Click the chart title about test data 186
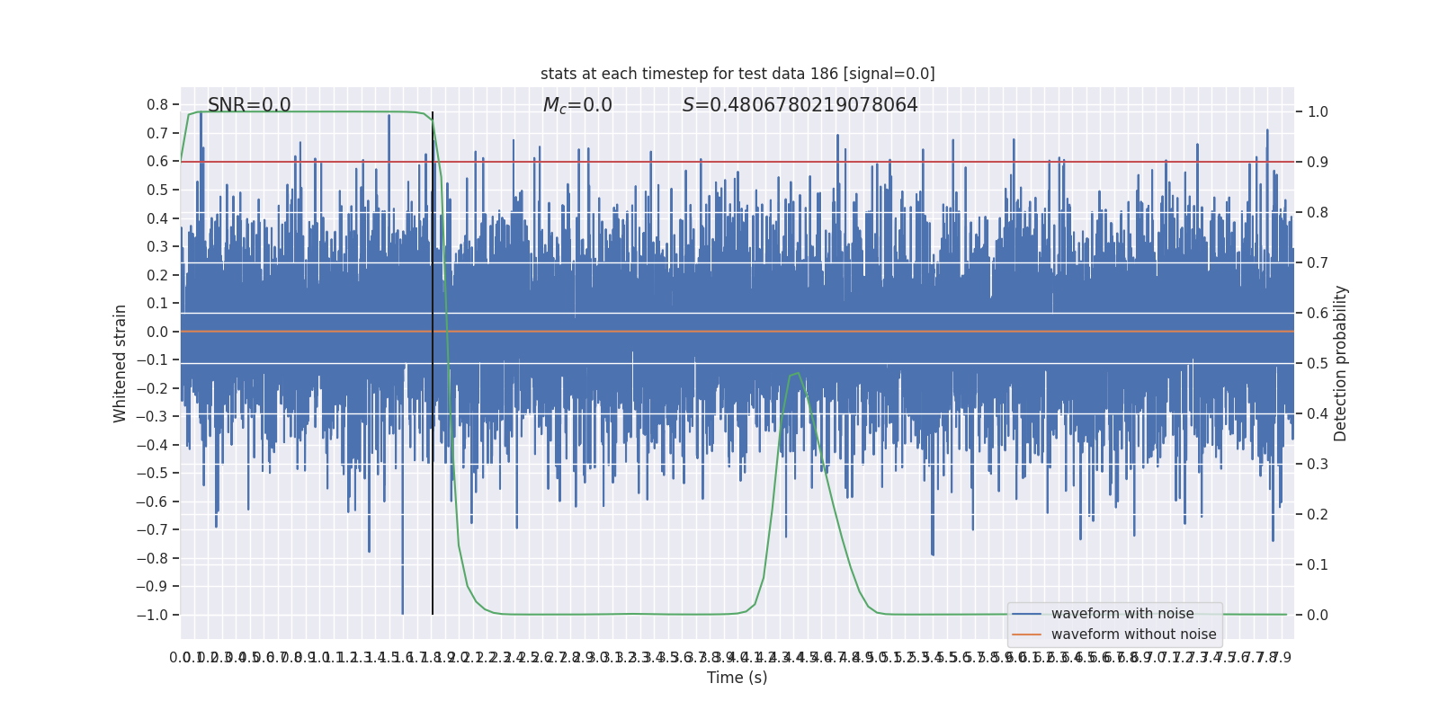(737, 74)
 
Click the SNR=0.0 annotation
(249, 105)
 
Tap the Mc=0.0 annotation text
(577, 105)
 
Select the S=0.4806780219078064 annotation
(800, 105)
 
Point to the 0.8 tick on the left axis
(157, 105)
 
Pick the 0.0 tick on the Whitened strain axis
(157, 332)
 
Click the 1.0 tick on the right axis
(1318, 112)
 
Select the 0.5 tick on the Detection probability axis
(1318, 364)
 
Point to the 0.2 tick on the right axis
(1318, 515)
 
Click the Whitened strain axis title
(121, 363)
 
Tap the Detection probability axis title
(1341, 363)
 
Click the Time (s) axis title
(737, 678)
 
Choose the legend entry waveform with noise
(1122, 614)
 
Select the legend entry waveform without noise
(1133, 635)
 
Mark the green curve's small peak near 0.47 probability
(797, 373)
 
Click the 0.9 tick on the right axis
(1318, 163)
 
